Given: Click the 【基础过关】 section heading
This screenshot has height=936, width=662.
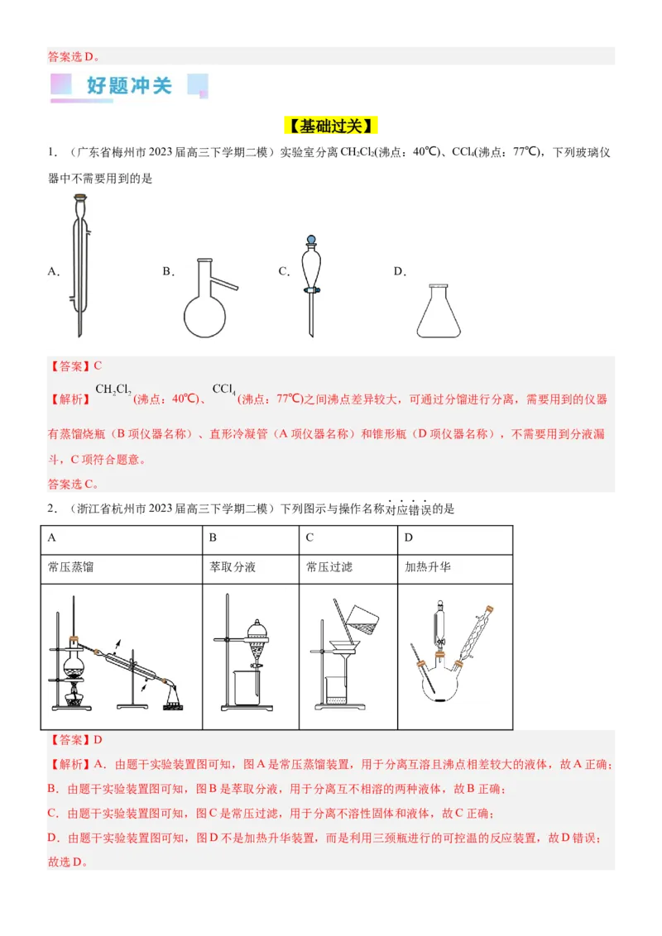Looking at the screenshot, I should (332, 126).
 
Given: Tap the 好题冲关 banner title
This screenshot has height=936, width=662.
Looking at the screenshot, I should (129, 85).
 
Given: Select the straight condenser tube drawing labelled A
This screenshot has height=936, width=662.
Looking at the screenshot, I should (79, 265).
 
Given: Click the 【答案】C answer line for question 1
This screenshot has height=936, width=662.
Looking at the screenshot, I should (75, 365).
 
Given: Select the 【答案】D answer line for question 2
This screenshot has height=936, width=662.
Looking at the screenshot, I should (75, 740).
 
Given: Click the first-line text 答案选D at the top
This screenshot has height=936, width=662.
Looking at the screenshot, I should (74, 57).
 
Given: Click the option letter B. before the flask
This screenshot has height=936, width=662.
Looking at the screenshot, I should (168, 271).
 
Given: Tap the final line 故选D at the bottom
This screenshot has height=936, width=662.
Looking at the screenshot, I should (67, 862).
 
